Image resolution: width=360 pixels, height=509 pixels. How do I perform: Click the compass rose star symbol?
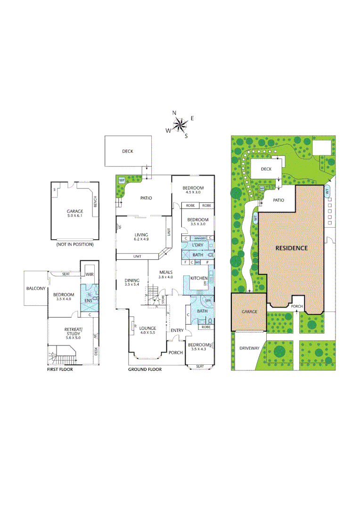[x=180, y=124]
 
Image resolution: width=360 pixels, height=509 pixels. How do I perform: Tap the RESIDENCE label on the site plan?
[x=291, y=248]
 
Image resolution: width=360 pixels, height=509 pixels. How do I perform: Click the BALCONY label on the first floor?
[x=36, y=288]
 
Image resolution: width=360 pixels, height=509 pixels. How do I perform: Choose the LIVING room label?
[x=141, y=235]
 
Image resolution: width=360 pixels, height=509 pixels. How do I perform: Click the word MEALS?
[x=166, y=272]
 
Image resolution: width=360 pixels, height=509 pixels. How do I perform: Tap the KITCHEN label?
[x=199, y=279]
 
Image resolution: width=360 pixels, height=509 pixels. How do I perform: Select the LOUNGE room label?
[x=147, y=328]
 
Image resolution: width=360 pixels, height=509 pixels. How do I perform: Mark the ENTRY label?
[x=177, y=330]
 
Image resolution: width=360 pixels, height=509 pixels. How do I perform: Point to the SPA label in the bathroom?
[x=208, y=300]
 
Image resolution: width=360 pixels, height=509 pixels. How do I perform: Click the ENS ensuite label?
[x=89, y=300]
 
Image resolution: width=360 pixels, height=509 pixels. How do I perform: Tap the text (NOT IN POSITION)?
[x=74, y=245]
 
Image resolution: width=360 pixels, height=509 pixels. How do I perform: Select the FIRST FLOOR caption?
[x=60, y=369]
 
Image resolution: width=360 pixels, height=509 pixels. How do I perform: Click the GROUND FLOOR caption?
[x=145, y=369]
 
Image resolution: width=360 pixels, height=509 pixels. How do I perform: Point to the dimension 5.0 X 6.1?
[x=74, y=216]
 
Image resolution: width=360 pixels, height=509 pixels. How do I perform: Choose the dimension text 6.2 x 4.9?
[x=141, y=239]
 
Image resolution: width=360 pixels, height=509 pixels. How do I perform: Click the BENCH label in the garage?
[x=96, y=202]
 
